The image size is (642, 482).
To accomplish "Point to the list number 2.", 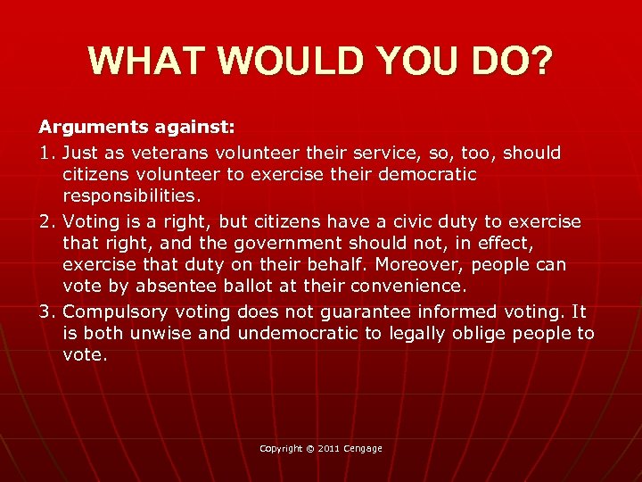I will [x=47, y=220].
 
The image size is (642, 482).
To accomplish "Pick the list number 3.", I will [x=47, y=311].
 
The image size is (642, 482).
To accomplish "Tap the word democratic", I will [x=420, y=175].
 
